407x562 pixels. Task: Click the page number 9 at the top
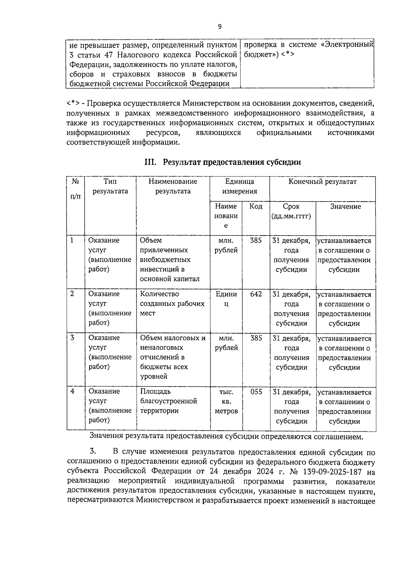220,27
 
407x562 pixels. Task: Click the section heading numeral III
150,162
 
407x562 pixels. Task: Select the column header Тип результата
110,186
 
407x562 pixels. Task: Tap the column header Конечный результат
322,182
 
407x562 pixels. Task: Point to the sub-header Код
256,206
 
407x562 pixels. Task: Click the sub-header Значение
345,206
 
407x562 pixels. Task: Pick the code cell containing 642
256,294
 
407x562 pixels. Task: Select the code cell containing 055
256,392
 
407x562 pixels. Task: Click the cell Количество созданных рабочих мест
172,303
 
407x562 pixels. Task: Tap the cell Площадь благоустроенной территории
169,401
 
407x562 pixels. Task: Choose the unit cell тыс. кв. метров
226,401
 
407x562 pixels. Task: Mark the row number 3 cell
72,338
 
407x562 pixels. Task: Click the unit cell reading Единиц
226,299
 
